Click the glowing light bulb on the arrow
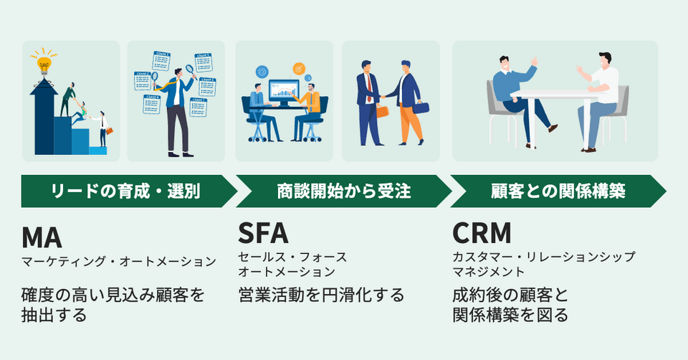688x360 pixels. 44,63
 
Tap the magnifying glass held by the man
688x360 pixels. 190,70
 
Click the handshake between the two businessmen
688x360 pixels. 384,98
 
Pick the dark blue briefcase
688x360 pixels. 422,108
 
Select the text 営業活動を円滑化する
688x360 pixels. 322,294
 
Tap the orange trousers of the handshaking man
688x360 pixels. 411,124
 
